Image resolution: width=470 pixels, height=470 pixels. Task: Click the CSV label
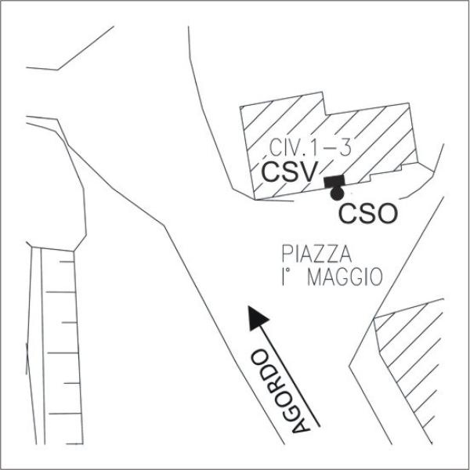click(x=288, y=172)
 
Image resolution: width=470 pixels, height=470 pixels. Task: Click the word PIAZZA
click(x=313, y=254)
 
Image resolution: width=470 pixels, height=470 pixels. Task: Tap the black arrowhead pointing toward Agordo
click(x=255, y=316)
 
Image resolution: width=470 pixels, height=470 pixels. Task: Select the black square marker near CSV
click(x=334, y=183)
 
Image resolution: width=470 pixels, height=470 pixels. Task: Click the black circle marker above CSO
click(x=338, y=193)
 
